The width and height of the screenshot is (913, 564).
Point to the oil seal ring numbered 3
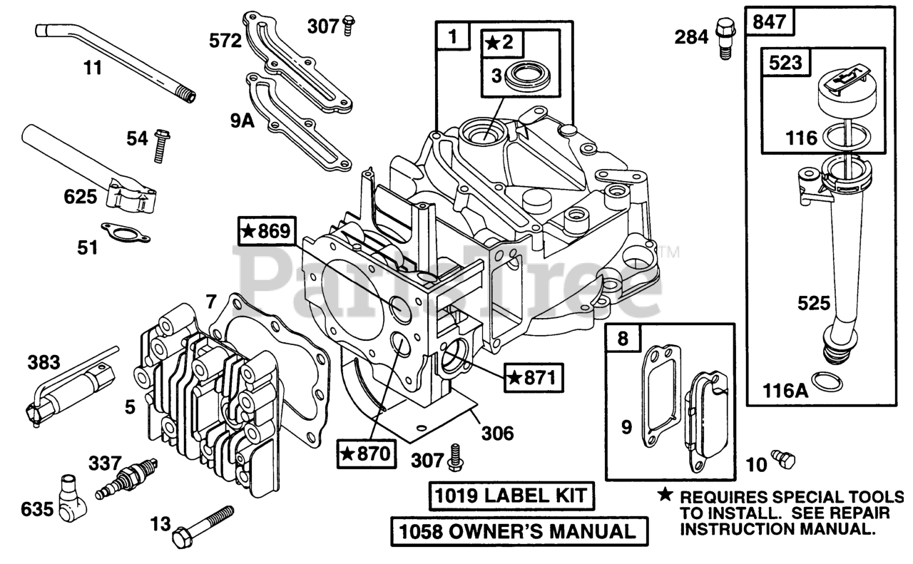(527, 76)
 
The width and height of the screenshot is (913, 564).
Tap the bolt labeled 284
(723, 37)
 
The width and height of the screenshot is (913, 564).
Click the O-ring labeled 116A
(826, 381)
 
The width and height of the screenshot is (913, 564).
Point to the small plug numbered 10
(783, 460)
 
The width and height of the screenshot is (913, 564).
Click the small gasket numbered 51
(118, 230)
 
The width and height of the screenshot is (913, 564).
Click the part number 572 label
(225, 41)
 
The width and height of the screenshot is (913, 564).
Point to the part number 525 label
(814, 304)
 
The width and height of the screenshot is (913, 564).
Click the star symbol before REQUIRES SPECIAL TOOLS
(665, 495)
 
